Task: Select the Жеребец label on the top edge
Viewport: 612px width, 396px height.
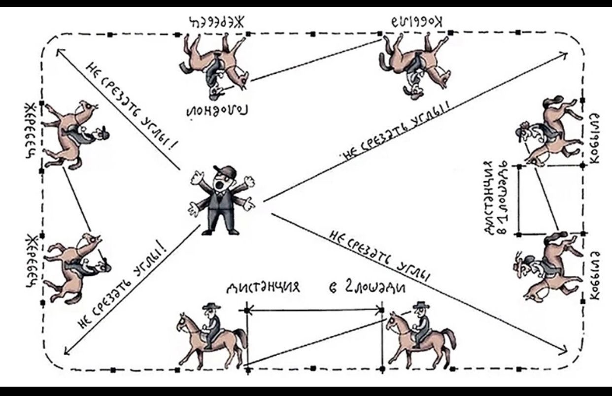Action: tap(217, 22)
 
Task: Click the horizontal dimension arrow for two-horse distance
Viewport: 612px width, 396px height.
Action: tap(314, 310)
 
